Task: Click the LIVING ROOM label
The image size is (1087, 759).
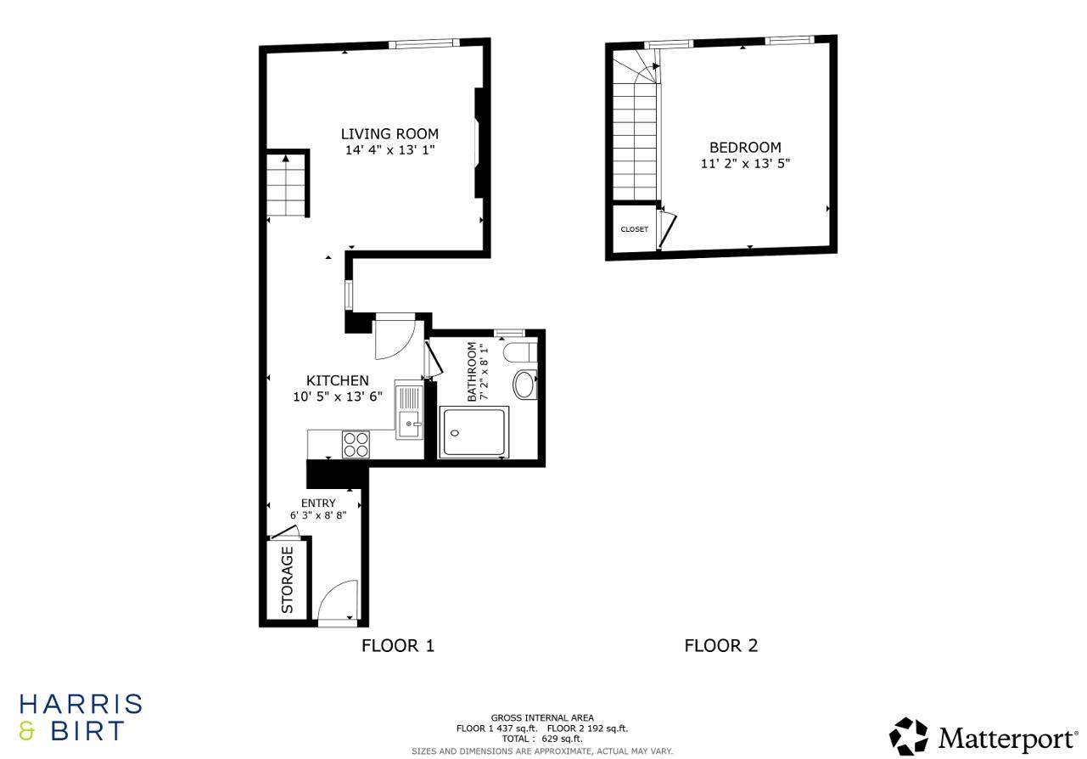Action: [389, 133]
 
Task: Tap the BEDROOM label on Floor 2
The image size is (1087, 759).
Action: [745, 147]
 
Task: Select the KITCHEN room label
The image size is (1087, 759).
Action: [337, 380]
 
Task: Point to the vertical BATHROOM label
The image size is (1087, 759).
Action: [473, 371]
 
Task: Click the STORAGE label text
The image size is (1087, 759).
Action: [287, 580]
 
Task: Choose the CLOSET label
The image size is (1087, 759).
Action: [634, 229]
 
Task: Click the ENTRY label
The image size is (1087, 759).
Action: [318, 503]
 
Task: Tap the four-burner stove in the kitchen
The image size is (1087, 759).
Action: [356, 444]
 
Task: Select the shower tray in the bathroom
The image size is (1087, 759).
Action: [474, 432]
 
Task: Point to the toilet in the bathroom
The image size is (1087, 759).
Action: [519, 351]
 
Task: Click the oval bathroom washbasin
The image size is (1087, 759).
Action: [525, 385]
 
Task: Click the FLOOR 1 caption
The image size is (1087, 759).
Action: [397, 645]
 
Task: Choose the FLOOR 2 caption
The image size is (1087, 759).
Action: [720, 645]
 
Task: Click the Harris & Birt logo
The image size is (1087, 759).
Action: [81, 717]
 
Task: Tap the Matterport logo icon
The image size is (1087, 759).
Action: [909, 735]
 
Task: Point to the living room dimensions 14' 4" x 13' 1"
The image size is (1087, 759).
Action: [389, 150]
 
